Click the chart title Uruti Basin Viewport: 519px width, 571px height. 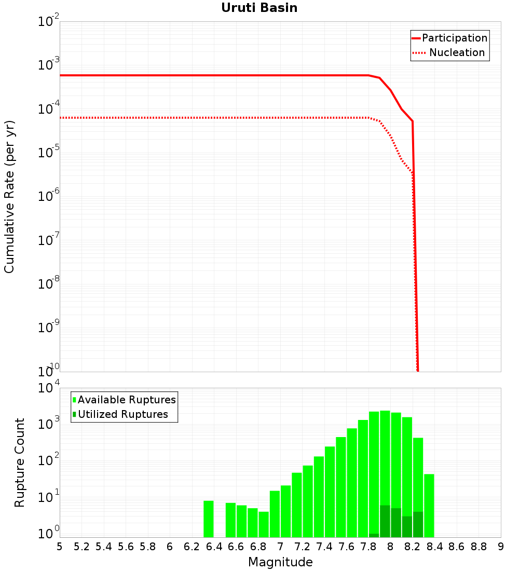[x=259, y=8]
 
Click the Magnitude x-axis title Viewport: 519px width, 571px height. [x=280, y=562]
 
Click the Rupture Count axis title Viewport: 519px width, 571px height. [x=20, y=463]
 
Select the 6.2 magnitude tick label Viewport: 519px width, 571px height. [x=192, y=547]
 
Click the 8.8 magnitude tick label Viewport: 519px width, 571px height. [x=479, y=547]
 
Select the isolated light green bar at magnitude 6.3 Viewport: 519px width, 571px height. [x=209, y=519]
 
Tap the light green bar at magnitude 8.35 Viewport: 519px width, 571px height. [x=429, y=506]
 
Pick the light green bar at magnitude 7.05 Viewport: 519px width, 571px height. [x=285, y=511]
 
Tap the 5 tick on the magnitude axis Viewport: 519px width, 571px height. [x=60, y=547]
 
